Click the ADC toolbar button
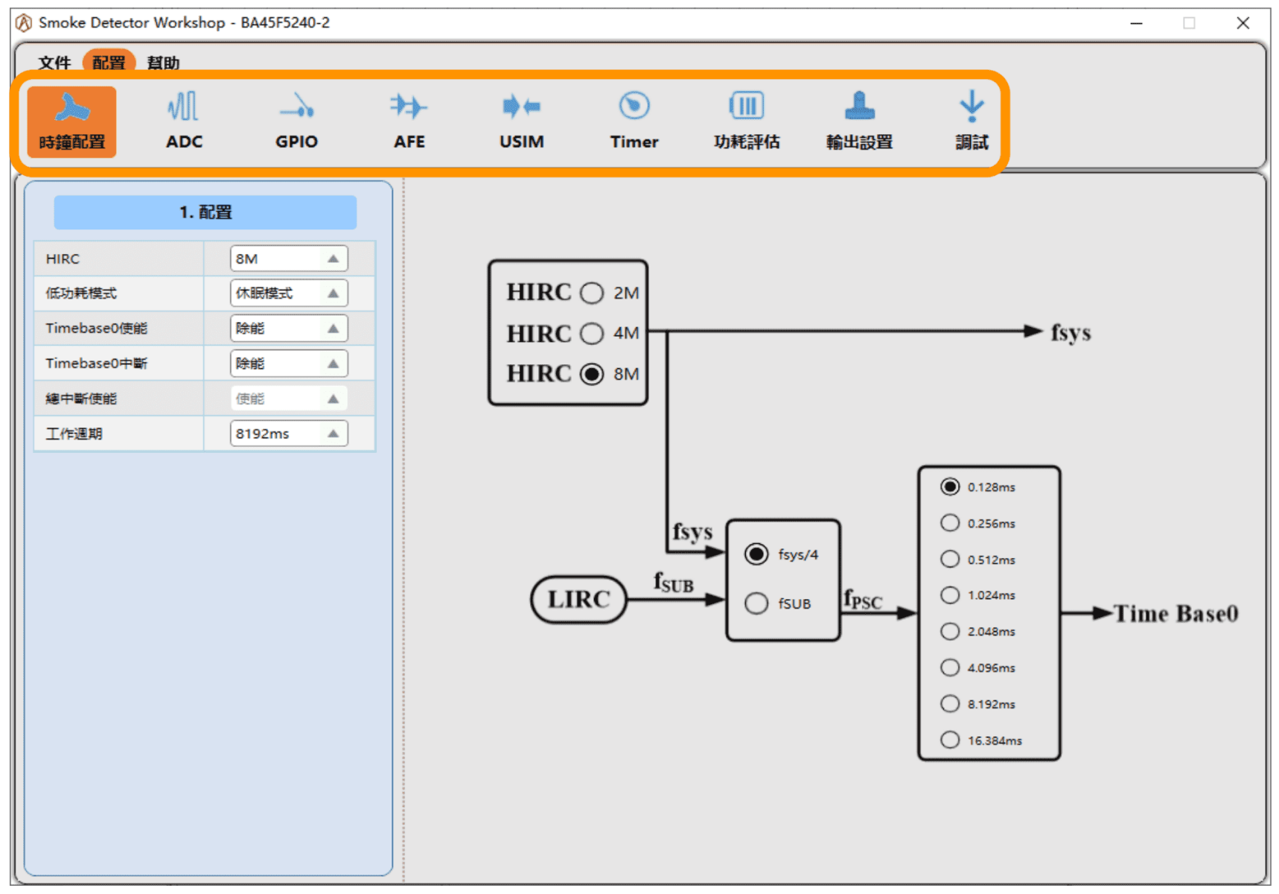[x=184, y=121]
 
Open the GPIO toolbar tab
[x=296, y=121]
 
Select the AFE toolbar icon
[x=409, y=121]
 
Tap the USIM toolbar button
[x=521, y=121]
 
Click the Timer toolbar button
[x=634, y=121]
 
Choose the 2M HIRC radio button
[x=592, y=293]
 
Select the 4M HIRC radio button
[x=592, y=333]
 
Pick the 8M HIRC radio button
[x=592, y=373]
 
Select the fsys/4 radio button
[x=756, y=554]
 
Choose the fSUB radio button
[x=756, y=603]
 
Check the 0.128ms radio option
[x=950, y=486]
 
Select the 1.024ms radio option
[x=950, y=595]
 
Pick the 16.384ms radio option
[x=950, y=740]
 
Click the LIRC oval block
[x=578, y=599]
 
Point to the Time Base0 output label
[x=1176, y=613]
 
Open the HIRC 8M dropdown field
[x=289, y=259]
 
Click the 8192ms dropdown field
[x=289, y=434]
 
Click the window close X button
[x=1243, y=23]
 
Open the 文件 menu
[x=54, y=63]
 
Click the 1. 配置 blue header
[x=205, y=212]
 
